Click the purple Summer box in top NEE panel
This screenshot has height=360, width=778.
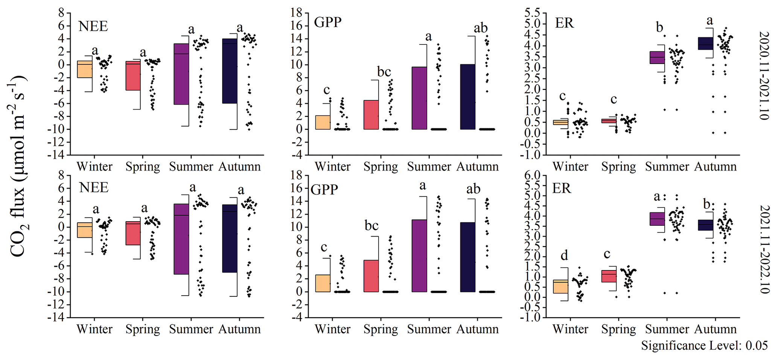click(x=181, y=74)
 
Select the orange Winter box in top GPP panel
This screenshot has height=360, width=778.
click(x=323, y=122)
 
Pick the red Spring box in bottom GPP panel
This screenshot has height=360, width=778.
click(x=371, y=276)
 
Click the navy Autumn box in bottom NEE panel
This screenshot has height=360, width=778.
click(x=230, y=238)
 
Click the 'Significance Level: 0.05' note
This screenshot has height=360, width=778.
click(x=704, y=345)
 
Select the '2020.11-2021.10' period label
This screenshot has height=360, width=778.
click(x=764, y=75)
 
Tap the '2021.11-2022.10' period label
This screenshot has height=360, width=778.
click(x=764, y=249)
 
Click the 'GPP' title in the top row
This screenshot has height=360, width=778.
click(x=328, y=22)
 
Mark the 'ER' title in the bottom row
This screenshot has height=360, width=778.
click(x=561, y=188)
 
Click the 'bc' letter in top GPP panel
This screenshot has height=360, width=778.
click(x=384, y=71)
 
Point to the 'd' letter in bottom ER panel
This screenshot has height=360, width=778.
click(x=564, y=256)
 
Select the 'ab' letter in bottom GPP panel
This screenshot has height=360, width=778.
click(x=473, y=189)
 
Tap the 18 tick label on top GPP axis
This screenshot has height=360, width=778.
click(x=297, y=13)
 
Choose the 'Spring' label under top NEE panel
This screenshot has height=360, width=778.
click(x=143, y=167)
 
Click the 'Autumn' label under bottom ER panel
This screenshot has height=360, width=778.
click(x=715, y=329)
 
